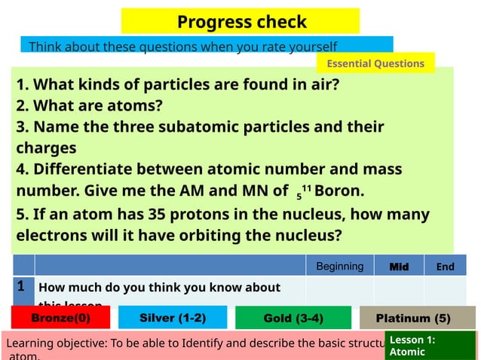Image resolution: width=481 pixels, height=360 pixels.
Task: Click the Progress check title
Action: (x=241, y=22)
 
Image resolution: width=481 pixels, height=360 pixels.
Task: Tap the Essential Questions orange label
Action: (x=376, y=64)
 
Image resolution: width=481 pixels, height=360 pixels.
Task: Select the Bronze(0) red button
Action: (x=60, y=318)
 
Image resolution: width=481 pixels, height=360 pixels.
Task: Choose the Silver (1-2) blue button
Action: (x=173, y=318)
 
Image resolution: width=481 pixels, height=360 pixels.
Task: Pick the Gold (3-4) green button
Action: (x=293, y=318)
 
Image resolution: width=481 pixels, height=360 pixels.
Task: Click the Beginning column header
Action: (x=339, y=266)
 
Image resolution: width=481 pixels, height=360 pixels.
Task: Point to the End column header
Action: (x=445, y=266)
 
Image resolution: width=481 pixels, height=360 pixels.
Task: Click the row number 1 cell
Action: (x=23, y=287)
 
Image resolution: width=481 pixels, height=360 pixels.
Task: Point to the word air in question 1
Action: (x=314, y=84)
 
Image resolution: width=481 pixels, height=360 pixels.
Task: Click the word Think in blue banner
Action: (x=42, y=47)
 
